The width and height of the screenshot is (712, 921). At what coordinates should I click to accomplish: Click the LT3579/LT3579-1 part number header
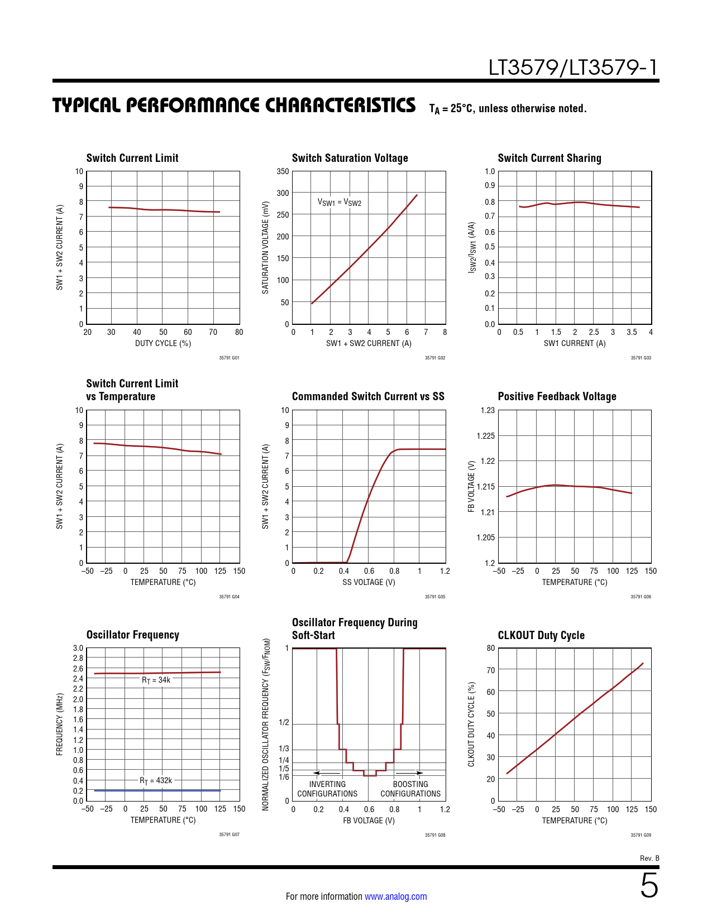tap(573, 68)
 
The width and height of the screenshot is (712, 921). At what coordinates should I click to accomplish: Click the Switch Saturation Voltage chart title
tap(350, 158)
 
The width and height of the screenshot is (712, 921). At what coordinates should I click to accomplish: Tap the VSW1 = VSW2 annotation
tap(340, 202)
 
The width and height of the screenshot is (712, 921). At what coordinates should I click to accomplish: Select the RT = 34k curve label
tap(156, 680)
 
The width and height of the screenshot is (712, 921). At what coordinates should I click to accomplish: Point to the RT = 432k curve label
tap(156, 780)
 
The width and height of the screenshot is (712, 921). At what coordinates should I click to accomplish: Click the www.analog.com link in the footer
tap(395, 896)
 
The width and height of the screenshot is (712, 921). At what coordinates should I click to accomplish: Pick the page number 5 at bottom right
tap(649, 886)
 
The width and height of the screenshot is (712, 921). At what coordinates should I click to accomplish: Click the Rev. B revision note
tap(649, 858)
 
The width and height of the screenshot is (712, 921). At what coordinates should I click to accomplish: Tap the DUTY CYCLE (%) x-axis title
tap(163, 343)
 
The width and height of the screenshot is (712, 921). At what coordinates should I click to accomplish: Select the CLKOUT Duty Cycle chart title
tap(541, 635)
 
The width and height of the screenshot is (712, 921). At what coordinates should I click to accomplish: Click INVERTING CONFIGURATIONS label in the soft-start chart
tap(327, 789)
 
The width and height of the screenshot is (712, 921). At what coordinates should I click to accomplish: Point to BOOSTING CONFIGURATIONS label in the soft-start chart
tap(410, 789)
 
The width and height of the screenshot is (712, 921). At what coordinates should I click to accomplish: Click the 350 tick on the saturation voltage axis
tap(283, 171)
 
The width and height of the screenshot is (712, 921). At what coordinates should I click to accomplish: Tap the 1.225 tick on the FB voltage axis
tap(485, 436)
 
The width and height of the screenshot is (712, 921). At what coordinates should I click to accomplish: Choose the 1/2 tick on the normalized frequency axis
tap(284, 723)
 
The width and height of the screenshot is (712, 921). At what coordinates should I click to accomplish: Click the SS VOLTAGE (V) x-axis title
tap(369, 582)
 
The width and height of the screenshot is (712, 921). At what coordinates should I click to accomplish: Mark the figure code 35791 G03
tap(641, 358)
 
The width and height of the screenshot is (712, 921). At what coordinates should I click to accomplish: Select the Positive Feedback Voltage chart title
tap(557, 396)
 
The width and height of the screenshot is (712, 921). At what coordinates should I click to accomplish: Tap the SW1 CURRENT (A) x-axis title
tap(575, 343)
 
